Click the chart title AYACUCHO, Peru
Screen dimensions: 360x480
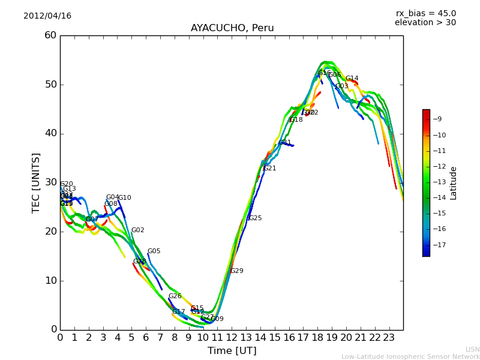coord(232,28)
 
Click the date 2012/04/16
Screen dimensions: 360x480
coord(47,16)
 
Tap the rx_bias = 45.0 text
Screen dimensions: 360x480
coord(425,13)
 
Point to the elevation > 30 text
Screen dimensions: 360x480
coord(425,23)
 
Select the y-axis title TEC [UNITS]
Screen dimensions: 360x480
coord(36,182)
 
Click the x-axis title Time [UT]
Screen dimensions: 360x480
coord(232,351)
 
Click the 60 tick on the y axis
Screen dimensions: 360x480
coord(50,35)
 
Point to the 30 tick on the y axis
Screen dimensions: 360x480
coord(50,182)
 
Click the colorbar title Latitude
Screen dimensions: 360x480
coord(454,183)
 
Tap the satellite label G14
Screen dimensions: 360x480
coord(352,79)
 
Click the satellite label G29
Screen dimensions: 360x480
coord(236,271)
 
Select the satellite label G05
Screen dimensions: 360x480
coord(154,251)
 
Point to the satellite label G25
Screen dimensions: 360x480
coord(255,218)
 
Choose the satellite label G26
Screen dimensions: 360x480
coord(175,296)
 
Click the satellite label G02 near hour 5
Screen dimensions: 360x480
coord(137,230)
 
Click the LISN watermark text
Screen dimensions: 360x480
coord(472,349)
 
